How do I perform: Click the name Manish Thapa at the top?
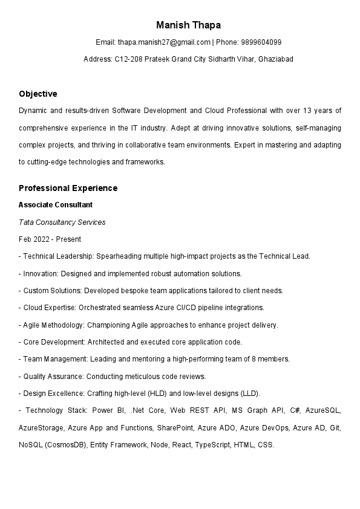[188, 25]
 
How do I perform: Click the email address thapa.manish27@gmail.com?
[164, 42]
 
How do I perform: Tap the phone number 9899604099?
[261, 42]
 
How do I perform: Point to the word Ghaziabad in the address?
[275, 59]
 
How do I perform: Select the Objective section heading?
[38, 94]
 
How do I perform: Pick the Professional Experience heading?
[68, 188]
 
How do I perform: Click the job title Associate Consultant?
[55, 205]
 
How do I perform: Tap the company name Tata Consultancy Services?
[62, 222]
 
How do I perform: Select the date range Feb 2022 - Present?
[50, 239]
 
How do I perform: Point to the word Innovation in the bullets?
[41, 273]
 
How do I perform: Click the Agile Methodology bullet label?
[56, 325]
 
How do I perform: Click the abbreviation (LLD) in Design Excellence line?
[249, 393]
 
